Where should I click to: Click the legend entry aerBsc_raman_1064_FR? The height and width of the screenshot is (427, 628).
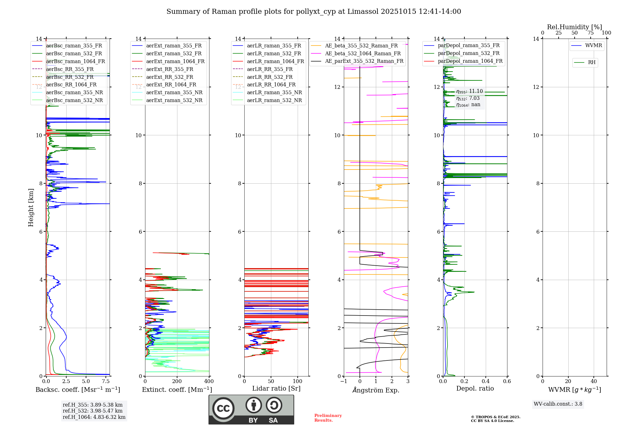click(75, 62)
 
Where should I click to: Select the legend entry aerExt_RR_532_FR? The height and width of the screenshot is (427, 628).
click(170, 77)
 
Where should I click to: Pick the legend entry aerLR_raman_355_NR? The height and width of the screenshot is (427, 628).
click(274, 92)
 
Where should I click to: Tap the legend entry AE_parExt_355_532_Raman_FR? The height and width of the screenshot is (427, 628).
click(364, 61)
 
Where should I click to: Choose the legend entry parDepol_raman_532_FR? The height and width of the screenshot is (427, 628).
click(468, 53)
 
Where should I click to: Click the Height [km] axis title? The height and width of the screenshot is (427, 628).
click(31, 208)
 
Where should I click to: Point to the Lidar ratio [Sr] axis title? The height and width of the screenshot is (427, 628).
click(276, 388)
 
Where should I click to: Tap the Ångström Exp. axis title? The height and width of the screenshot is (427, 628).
click(376, 390)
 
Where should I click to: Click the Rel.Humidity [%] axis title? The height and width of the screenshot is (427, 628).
click(574, 27)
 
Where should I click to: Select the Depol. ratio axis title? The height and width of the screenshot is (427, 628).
click(475, 388)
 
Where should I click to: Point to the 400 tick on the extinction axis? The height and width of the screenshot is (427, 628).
click(209, 381)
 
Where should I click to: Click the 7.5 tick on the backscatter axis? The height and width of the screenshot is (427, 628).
click(106, 381)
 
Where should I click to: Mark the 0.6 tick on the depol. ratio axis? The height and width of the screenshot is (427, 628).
click(507, 381)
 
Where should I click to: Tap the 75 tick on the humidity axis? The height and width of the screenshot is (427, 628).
click(590, 33)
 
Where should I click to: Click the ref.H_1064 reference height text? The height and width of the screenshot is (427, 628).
click(94, 417)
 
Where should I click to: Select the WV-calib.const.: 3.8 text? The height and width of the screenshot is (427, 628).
click(558, 404)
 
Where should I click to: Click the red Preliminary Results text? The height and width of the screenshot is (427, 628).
click(328, 418)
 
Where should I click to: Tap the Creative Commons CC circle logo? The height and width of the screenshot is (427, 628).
click(223, 408)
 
